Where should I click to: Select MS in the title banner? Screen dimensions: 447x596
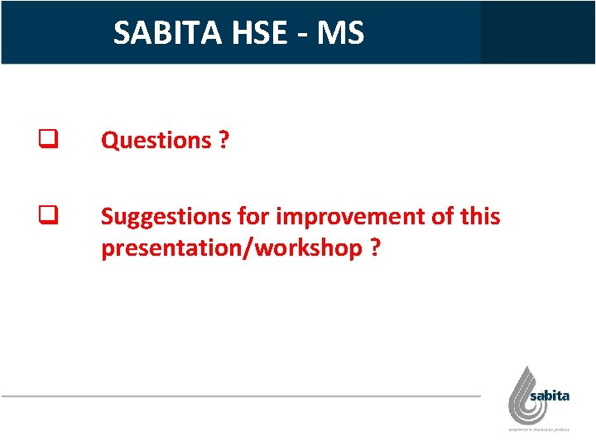click(339, 33)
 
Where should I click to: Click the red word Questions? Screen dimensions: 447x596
click(156, 141)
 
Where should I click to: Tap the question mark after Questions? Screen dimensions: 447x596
click(223, 141)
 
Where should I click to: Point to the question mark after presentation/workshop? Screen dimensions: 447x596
click(376, 248)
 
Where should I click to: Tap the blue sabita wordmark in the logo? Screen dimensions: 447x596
click(550, 396)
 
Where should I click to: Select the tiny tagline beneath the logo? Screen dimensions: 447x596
click(539, 429)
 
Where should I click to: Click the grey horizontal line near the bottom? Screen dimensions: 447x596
click(240, 397)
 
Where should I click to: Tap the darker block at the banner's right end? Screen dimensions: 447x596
click(537, 32)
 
